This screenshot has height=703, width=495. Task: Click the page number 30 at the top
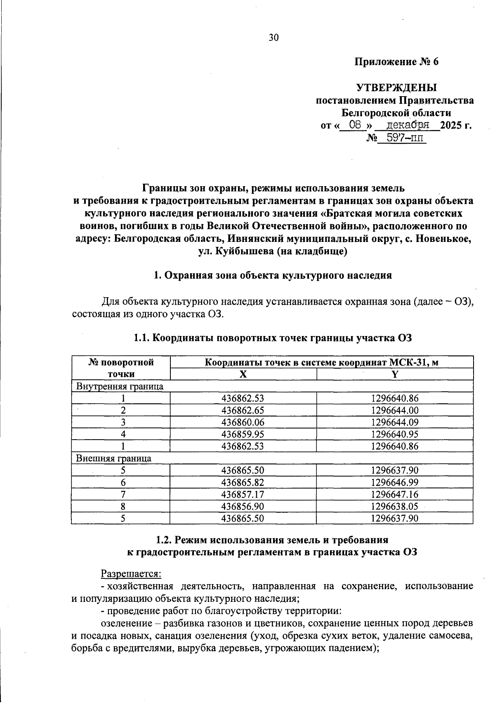[x=273, y=38]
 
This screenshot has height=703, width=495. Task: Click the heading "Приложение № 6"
[x=396, y=62]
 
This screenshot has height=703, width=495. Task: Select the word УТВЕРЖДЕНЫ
[x=396, y=88]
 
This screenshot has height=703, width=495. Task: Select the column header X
[x=243, y=374]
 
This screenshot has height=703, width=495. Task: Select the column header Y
[x=395, y=374]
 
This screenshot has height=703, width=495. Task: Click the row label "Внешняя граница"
[x=114, y=458]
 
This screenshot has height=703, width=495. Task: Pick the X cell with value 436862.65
[x=243, y=410]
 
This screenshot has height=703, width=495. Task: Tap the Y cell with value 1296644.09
[x=395, y=422]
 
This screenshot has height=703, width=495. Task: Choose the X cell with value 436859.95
[x=243, y=434]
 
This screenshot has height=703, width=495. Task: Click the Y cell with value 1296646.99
[x=395, y=482]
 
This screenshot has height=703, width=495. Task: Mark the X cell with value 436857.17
[x=243, y=494]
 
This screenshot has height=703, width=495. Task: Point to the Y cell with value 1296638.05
[x=395, y=506]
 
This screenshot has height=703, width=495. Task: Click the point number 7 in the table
[x=123, y=494]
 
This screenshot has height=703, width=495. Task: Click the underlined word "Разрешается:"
[x=131, y=574]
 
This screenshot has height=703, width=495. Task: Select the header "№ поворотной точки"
[x=121, y=368]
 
